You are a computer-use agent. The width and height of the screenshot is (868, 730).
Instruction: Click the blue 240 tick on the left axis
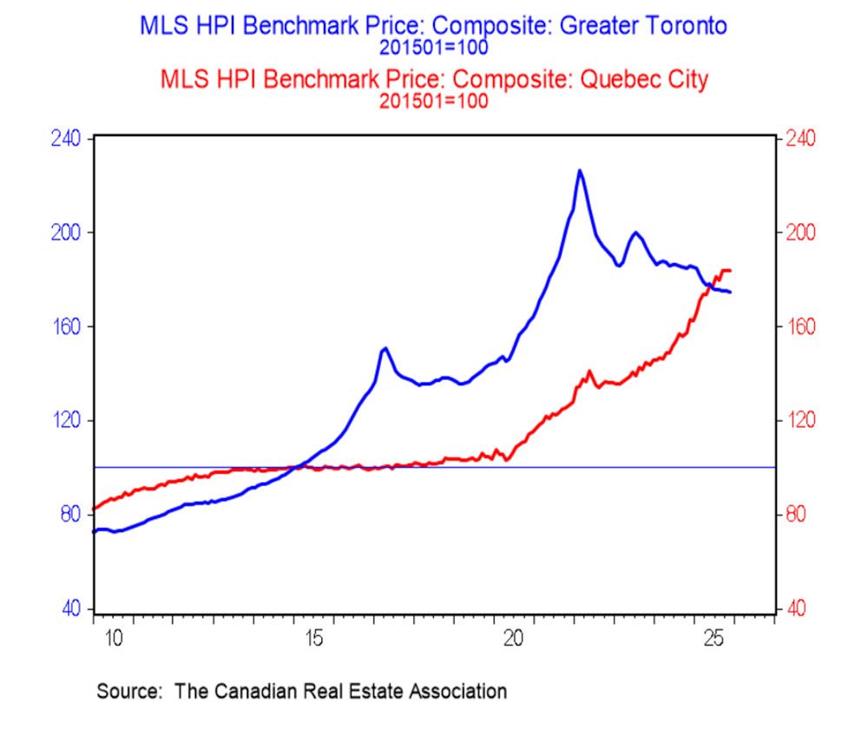click(x=66, y=139)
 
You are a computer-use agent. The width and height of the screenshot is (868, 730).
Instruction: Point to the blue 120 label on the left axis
click(x=66, y=421)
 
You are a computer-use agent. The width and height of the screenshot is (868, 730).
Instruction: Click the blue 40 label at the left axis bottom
click(x=69, y=608)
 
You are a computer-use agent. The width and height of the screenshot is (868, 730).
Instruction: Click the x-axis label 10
click(x=114, y=640)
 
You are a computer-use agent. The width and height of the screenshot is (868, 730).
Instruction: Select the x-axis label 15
click(x=313, y=640)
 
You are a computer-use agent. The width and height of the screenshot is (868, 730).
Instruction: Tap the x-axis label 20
click(x=513, y=640)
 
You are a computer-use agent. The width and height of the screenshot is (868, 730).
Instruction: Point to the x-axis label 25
click(x=713, y=640)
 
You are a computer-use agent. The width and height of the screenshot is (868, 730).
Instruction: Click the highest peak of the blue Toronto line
click(x=580, y=171)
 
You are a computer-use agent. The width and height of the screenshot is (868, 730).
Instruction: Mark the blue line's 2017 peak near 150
click(x=385, y=348)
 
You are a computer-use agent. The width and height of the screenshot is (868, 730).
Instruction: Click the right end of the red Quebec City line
click(x=730, y=271)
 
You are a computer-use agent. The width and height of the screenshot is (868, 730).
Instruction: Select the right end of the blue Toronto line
click(x=730, y=292)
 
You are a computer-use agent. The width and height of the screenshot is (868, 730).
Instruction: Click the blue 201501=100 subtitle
click(x=434, y=46)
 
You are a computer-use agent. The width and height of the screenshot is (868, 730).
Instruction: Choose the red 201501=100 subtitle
click(x=434, y=99)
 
